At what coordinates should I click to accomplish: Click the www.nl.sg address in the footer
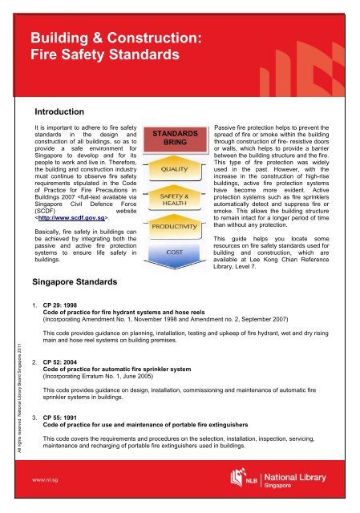click(x=41, y=485)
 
